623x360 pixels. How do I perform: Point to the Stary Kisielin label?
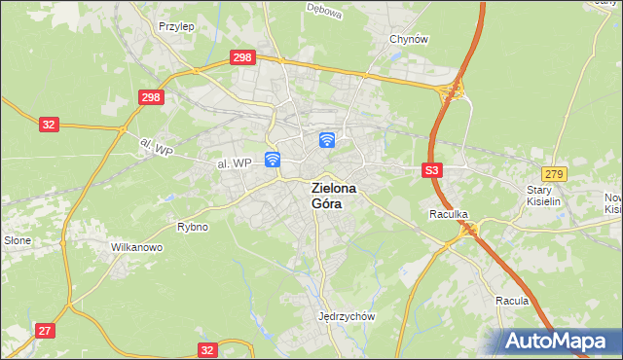[545, 196]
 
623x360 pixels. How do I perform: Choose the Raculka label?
[450, 213]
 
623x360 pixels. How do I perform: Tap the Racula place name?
[511, 301]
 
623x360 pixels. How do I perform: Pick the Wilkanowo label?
[136, 247]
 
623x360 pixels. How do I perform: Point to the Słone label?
[18, 240]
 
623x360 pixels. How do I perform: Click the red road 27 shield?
[45, 331]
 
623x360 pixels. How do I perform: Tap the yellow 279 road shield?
[555, 172]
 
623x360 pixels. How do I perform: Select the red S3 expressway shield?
[433, 170]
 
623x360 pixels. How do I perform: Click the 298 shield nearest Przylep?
[242, 58]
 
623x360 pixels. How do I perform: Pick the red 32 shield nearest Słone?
[50, 125]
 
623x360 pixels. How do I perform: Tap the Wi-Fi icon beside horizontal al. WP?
[274, 159]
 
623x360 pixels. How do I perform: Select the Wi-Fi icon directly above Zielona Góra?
[328, 140]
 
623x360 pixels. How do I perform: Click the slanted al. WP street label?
[155, 147]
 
